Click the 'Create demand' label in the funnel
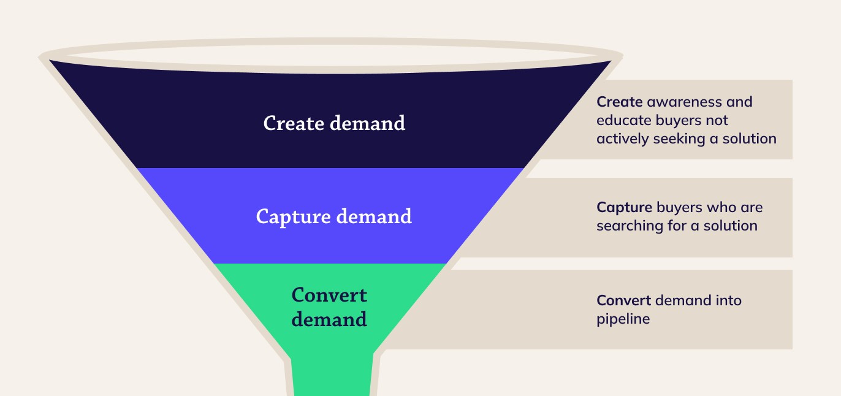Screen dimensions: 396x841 coord(334,123)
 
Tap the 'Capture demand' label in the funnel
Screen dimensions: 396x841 coord(333,216)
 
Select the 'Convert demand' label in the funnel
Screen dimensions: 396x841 coord(329,307)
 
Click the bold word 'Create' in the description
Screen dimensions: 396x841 coord(619,102)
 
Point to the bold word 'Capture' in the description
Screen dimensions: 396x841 coord(624,207)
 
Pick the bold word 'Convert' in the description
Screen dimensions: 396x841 coord(623,300)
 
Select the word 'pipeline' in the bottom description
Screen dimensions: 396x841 coord(623,319)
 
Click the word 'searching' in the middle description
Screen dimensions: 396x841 coord(628,226)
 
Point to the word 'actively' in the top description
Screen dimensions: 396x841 coord(620,139)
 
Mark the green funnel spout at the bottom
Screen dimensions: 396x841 coord(332,377)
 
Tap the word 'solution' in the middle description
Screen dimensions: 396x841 coord(730,226)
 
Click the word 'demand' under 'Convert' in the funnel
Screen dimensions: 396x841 coord(329,319)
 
